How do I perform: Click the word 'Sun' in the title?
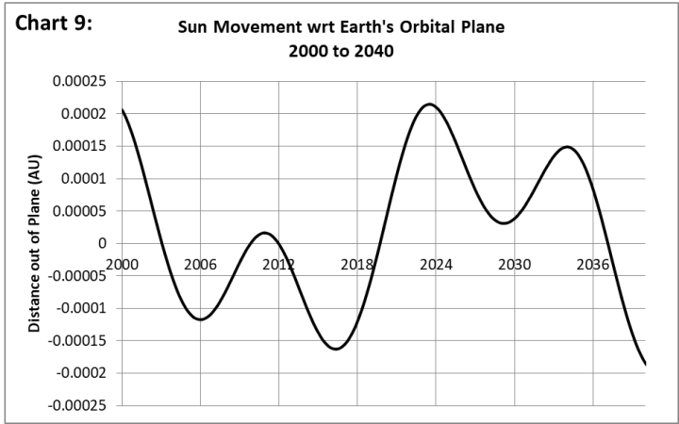(195, 28)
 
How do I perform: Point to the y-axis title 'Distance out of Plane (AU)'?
(34, 242)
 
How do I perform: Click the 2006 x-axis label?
(200, 265)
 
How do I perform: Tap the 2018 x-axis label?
(357, 265)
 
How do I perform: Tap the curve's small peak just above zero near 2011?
(265, 233)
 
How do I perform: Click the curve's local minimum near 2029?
(505, 223)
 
